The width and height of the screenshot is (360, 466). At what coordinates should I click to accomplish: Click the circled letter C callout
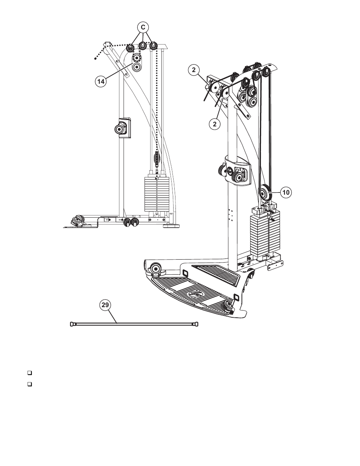click(x=143, y=27)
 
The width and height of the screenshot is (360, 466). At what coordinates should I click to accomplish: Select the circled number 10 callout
click(x=286, y=192)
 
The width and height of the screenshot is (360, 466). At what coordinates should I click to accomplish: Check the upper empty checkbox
click(x=29, y=373)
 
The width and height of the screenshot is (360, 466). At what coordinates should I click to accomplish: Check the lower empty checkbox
click(x=29, y=384)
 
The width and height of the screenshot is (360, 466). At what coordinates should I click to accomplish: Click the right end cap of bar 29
click(x=196, y=324)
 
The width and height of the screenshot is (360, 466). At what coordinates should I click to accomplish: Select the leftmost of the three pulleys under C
click(x=130, y=48)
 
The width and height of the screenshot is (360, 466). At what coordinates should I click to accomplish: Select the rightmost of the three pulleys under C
click(x=153, y=46)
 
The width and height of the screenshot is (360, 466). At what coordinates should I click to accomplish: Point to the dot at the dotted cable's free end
click(x=95, y=58)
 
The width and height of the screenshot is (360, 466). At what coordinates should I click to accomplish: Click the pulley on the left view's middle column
click(x=120, y=129)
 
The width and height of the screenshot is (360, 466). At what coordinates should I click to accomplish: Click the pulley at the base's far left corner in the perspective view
click(x=155, y=269)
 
